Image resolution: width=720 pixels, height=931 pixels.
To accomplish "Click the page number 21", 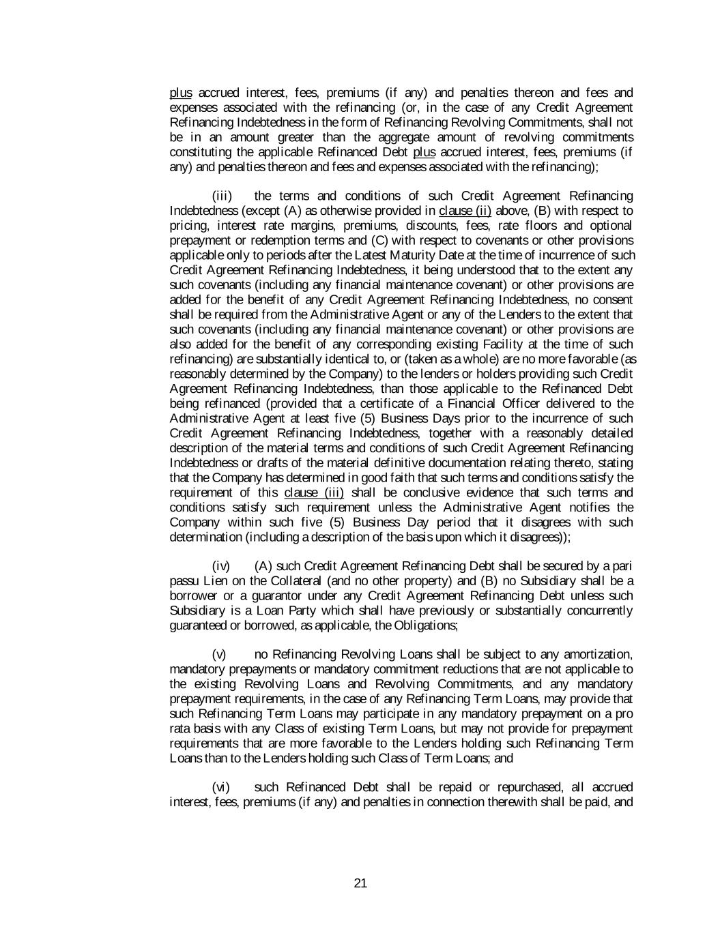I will (361, 884).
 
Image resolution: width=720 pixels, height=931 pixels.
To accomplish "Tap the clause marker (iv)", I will (222, 566).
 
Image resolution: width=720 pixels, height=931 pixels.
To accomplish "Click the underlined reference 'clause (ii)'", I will (465, 211).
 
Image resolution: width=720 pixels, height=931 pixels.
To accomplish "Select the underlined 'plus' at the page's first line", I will (180, 93).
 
